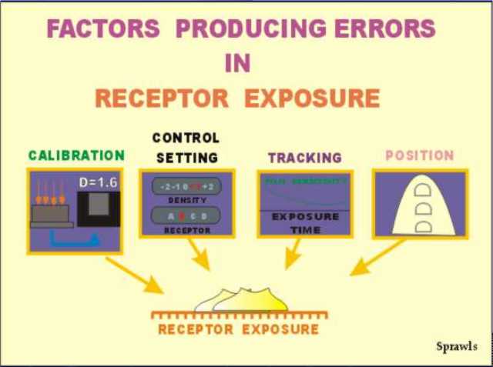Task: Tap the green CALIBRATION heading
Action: [76, 155]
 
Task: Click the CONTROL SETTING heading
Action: [186, 147]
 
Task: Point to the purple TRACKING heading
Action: [305, 158]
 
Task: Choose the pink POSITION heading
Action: [420, 155]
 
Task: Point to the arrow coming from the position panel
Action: [377, 258]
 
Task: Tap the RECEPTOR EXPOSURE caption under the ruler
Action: [238, 329]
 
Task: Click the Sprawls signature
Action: [457, 346]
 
